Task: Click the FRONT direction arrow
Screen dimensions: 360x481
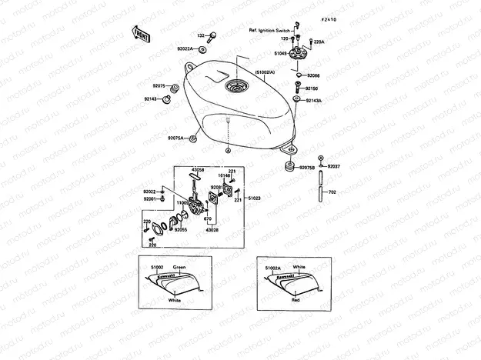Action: tap(141, 33)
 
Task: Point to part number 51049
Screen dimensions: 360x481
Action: tap(279, 54)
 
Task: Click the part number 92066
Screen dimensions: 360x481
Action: tap(315, 76)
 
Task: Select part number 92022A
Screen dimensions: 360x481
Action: tap(185, 48)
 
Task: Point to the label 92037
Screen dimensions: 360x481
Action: tap(333, 167)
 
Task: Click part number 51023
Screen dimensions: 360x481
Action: tap(255, 198)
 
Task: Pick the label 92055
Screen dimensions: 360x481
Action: tap(182, 228)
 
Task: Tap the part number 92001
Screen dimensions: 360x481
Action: tap(149, 199)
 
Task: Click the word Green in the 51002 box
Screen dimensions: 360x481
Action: tap(179, 267)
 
